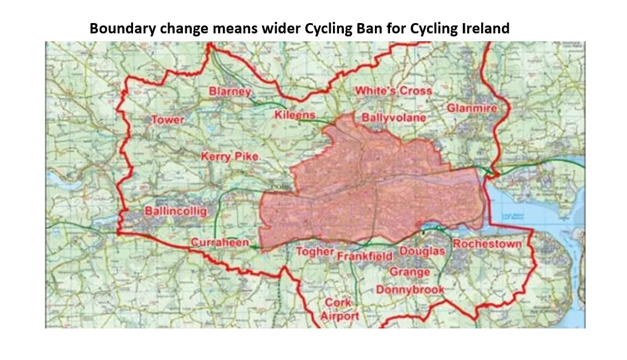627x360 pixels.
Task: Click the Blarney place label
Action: click(x=230, y=92)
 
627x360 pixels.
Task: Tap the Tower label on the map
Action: click(x=168, y=120)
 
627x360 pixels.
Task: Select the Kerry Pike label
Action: click(x=230, y=157)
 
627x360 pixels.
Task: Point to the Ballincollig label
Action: click(x=176, y=211)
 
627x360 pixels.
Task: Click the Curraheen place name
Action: click(x=220, y=243)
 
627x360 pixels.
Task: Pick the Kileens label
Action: click(x=295, y=115)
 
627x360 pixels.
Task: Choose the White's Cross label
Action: click(x=394, y=91)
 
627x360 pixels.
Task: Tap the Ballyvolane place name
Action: click(x=394, y=117)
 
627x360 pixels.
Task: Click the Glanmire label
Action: click(x=472, y=108)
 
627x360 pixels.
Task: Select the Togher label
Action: click(x=315, y=251)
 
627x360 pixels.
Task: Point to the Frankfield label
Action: click(x=365, y=256)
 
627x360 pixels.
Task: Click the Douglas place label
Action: click(x=422, y=251)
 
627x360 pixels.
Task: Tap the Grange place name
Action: click(x=409, y=272)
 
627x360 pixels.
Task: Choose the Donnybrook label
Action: click(x=410, y=290)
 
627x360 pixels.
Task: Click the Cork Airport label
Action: click(x=340, y=309)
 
